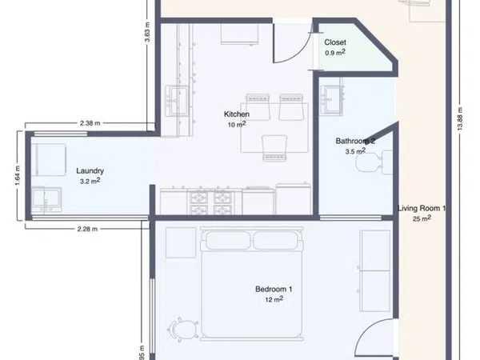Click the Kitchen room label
click(237, 114)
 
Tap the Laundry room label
click(90, 171)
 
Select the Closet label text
click(335, 42)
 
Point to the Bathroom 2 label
click(355, 141)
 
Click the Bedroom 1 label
click(274, 289)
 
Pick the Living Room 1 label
click(422, 209)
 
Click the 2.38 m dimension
click(90, 123)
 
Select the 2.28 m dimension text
click(87, 229)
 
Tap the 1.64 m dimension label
click(18, 175)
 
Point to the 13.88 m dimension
click(460, 118)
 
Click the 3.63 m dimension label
click(147, 32)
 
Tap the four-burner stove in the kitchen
click(211, 202)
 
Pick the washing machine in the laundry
click(51, 160)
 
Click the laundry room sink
click(47, 199)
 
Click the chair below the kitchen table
click(274, 148)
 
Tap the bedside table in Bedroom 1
click(181, 242)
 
